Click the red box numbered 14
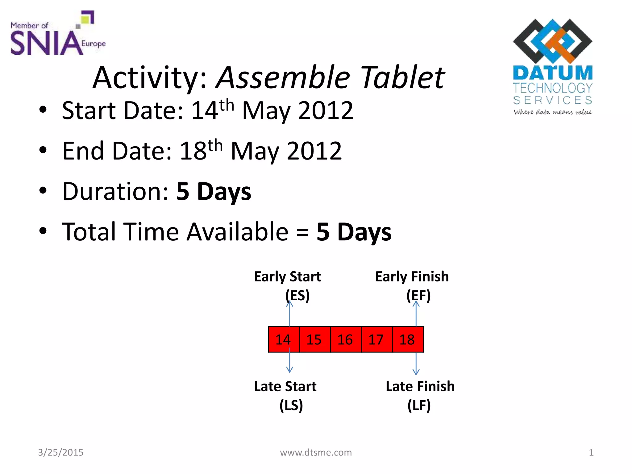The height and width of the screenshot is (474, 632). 284,339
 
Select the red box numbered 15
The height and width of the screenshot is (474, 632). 314,339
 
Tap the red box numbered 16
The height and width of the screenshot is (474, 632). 346,339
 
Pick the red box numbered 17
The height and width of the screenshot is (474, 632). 376,339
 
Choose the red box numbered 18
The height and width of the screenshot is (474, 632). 408,339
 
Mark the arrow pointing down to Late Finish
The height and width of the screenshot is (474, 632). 416,364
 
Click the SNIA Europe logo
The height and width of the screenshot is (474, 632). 57,34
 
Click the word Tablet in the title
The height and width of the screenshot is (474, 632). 402,77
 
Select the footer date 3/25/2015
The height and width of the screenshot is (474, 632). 60,452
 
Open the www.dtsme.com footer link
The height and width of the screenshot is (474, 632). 316,452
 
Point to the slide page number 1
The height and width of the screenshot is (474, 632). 591,452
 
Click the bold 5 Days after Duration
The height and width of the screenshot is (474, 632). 214,192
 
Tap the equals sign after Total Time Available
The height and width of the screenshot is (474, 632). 302,232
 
